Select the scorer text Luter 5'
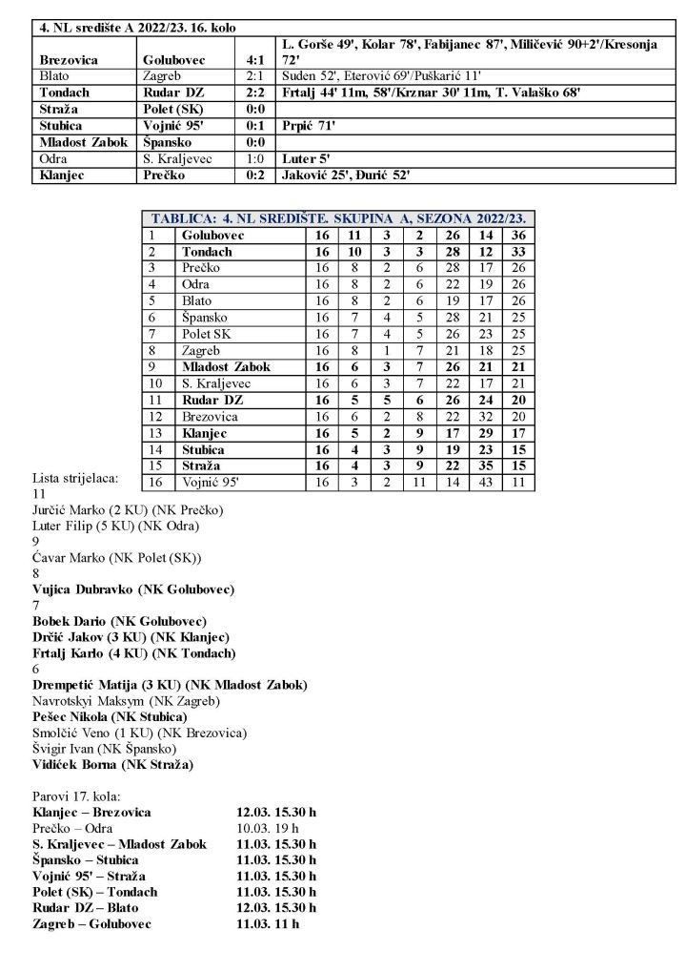coord(297,159)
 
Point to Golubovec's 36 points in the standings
coord(516,235)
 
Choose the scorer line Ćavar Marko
coord(117,557)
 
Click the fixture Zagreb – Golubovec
coord(91,923)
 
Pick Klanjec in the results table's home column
coord(63,176)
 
